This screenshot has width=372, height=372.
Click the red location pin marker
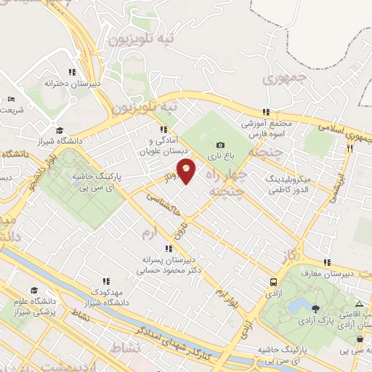pos(187,171)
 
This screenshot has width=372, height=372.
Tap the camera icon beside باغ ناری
pos(220,145)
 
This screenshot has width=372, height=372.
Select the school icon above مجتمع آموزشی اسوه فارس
pos(267,112)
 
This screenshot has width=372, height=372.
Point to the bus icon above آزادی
pos(272,281)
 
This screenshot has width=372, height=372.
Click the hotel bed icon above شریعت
pos(10,99)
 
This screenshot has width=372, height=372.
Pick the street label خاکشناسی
pos(161,206)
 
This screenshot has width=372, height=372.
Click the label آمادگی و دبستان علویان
pos(164,146)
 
